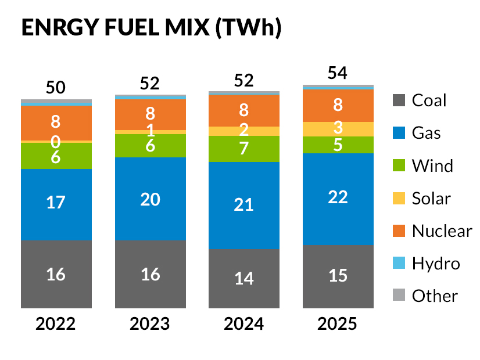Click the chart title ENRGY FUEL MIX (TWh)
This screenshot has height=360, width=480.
point(151,28)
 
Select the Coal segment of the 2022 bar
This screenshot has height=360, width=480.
point(56,273)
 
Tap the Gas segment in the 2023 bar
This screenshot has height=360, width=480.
point(151,199)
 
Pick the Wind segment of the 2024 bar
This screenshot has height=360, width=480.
point(244,149)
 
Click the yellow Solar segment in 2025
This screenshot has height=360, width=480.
point(338,129)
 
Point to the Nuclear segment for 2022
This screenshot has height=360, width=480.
point(56,122)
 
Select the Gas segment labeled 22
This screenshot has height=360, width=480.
point(338,197)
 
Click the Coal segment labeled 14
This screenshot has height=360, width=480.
point(244,278)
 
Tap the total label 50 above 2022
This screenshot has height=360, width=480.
point(56,88)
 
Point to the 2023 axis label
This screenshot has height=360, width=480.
point(151,323)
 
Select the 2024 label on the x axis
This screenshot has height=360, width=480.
point(244,323)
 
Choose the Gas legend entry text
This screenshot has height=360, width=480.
point(426,133)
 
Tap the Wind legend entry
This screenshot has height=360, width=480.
point(432,165)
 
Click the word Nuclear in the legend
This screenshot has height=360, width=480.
point(442,231)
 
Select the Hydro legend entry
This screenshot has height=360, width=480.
point(435,263)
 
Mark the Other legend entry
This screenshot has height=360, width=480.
point(435,296)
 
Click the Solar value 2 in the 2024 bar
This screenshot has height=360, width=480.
point(244,130)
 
